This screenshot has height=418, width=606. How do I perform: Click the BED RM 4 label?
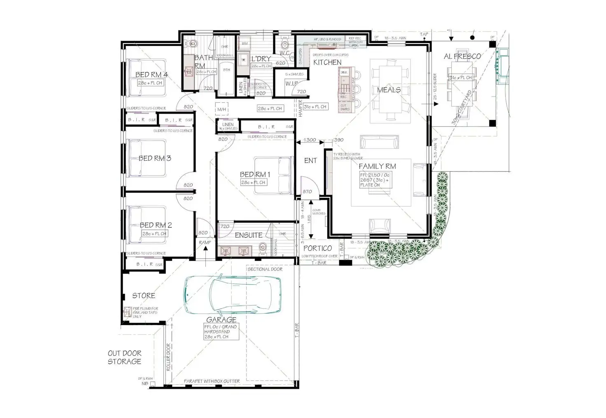tap(151, 75)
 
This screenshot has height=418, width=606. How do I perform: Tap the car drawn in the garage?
tap(233, 294)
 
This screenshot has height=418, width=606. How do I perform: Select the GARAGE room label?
tap(221, 319)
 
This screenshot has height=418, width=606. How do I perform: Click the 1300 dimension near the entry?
tap(310, 140)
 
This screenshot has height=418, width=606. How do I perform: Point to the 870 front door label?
tap(307, 192)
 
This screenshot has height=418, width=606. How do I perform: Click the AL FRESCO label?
tap(462, 56)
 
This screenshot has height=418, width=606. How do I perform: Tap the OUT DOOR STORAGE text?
tap(124, 357)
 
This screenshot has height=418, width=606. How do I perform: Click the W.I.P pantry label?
tap(291, 84)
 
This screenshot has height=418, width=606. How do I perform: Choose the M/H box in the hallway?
tap(222, 110)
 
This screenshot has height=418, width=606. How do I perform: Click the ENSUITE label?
tap(248, 235)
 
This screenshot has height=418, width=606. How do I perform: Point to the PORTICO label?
tap(317, 248)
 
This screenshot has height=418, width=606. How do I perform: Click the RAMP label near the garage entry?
tap(205, 242)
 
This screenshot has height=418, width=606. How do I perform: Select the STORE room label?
tap(144, 296)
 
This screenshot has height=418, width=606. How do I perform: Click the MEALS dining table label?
tap(389, 90)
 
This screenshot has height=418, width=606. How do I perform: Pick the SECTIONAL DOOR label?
tap(265, 269)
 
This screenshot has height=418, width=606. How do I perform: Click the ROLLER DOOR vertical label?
tap(168, 358)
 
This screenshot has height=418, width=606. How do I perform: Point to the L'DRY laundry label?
tap(261, 59)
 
